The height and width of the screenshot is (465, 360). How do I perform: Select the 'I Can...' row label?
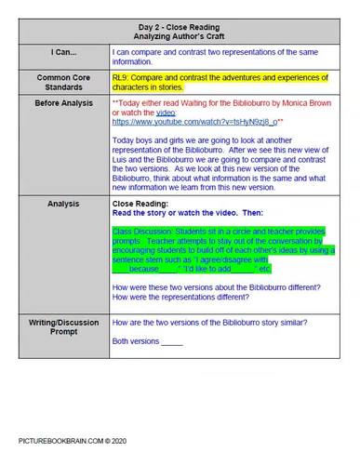56,53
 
